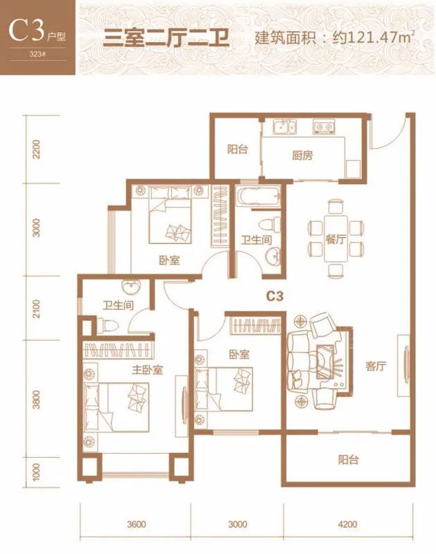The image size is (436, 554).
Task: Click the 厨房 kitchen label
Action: [x=302, y=155]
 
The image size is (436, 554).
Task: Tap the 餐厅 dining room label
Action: [x=335, y=240]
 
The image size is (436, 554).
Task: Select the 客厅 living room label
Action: [x=376, y=366]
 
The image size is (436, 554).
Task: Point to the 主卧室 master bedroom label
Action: [x=148, y=370]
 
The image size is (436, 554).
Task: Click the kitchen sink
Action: [x=285, y=126]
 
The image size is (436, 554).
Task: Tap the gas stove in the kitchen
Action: [x=323, y=127]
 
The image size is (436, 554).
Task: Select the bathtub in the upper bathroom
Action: [x=259, y=197]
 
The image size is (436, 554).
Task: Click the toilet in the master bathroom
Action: [x=106, y=325]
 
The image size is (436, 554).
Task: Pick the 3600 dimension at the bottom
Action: [x=136, y=524]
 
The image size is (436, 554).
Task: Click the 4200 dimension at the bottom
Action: [x=347, y=524]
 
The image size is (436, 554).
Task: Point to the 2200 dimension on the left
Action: [x=37, y=150]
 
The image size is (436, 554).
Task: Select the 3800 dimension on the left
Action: [x=37, y=400]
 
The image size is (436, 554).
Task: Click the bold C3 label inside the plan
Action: [x=275, y=296]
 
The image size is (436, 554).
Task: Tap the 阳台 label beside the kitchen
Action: [x=237, y=150]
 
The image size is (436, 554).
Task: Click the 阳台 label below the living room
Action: [x=348, y=460]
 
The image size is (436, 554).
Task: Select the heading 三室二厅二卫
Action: [x=167, y=38]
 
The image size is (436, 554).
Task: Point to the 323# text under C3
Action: [x=37, y=55]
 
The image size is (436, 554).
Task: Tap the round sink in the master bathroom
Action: [x=131, y=287]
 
